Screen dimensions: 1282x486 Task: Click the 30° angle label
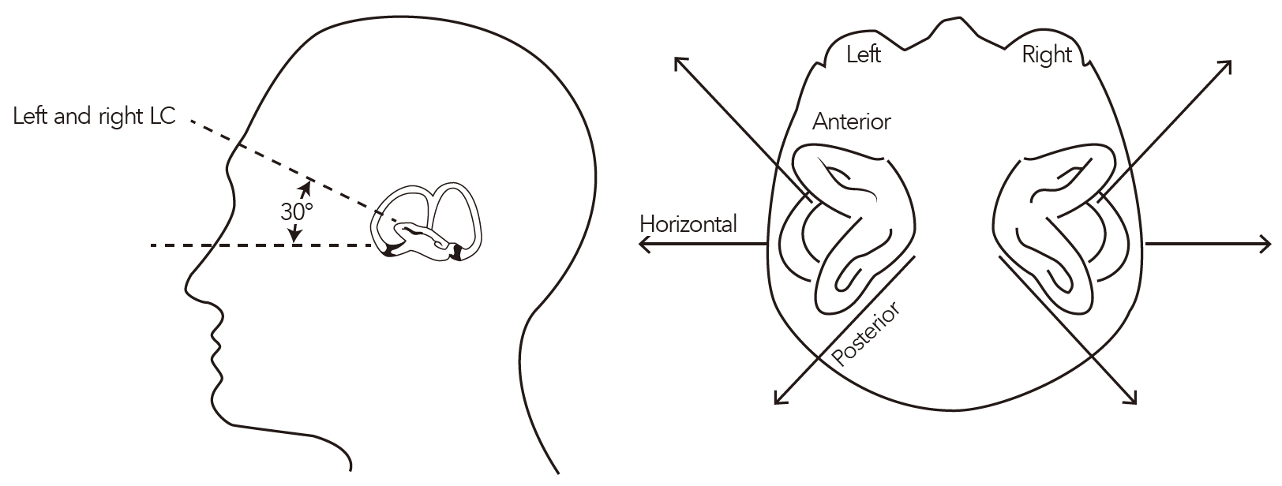[x=297, y=212]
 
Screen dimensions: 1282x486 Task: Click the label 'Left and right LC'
[x=94, y=116]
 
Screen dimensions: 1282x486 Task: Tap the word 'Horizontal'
[x=688, y=224]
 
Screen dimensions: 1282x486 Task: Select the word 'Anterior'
[x=852, y=121]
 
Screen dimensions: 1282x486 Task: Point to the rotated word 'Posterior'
[x=865, y=334]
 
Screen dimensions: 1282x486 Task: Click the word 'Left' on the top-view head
[x=864, y=55]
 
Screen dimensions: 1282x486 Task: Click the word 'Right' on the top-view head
[x=1047, y=55]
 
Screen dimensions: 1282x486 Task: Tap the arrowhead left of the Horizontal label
[x=645, y=244]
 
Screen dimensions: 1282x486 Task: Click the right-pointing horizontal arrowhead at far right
[x=1265, y=244]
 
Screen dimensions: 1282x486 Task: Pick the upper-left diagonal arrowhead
[x=680, y=63]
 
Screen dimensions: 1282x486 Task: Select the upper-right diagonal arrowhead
[x=1225, y=67]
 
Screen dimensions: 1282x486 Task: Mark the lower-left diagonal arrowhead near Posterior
[x=780, y=398]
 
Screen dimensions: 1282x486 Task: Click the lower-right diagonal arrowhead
[x=1130, y=398]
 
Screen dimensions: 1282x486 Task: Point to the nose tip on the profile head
[x=187, y=286]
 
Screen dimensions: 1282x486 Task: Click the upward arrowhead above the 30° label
[x=306, y=188]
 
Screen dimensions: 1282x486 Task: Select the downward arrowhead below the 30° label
[x=294, y=234]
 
